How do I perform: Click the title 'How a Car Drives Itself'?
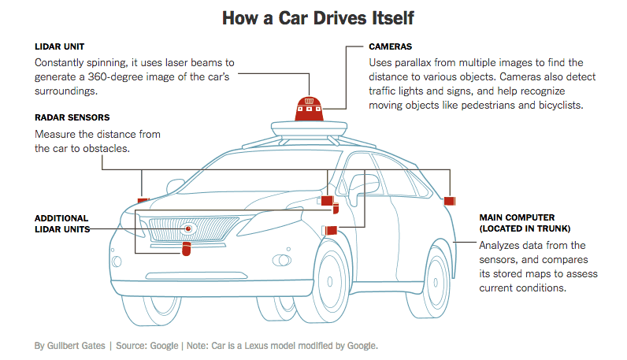(x=313, y=17)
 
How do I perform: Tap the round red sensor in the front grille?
(x=188, y=229)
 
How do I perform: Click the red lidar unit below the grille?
(x=187, y=250)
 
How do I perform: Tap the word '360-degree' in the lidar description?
(x=109, y=76)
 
